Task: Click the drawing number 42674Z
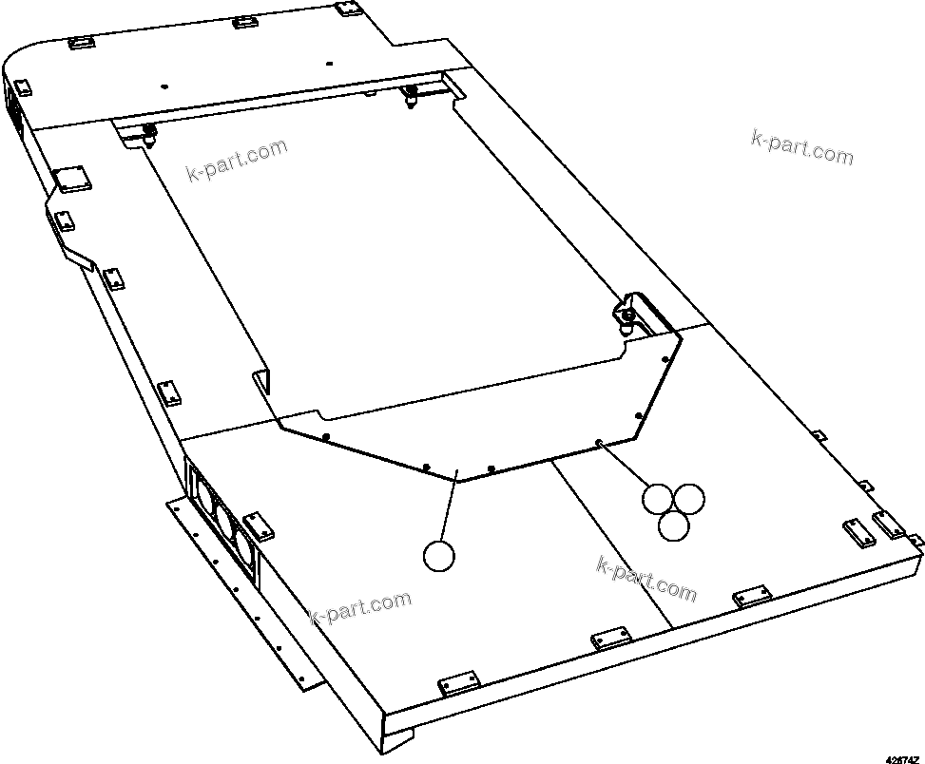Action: pos(902,757)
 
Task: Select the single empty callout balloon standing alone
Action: pos(439,556)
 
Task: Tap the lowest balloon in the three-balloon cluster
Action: pos(674,525)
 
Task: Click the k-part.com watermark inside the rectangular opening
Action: pos(236,162)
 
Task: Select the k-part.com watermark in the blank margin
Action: pos(801,146)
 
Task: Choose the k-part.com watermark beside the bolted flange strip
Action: pos(361,606)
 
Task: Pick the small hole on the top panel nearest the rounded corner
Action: pos(164,85)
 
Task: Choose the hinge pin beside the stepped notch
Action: pos(412,93)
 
